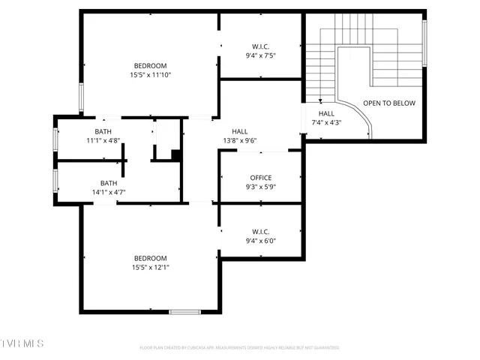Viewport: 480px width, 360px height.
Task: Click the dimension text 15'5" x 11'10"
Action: tap(150, 74)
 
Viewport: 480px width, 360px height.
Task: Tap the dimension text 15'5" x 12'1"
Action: tap(150, 267)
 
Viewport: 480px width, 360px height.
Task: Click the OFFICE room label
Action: tap(261, 178)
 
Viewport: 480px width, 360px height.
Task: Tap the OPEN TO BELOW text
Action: tap(388, 103)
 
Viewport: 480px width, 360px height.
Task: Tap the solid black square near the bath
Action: tap(175, 155)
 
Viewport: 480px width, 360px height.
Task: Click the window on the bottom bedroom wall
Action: tap(184, 311)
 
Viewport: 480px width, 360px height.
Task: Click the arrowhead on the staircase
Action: tap(321, 100)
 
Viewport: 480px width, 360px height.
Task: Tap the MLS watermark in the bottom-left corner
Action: tap(22, 343)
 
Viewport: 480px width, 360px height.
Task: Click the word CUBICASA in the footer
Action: tap(192, 348)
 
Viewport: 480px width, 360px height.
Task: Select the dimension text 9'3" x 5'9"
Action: tap(261, 187)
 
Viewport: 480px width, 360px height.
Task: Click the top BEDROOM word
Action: tap(150, 65)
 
